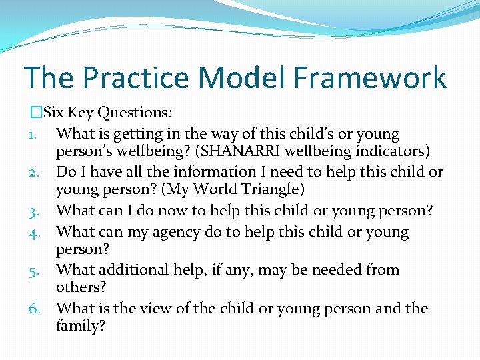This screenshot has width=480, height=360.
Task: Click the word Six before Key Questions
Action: [x=54, y=113]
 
